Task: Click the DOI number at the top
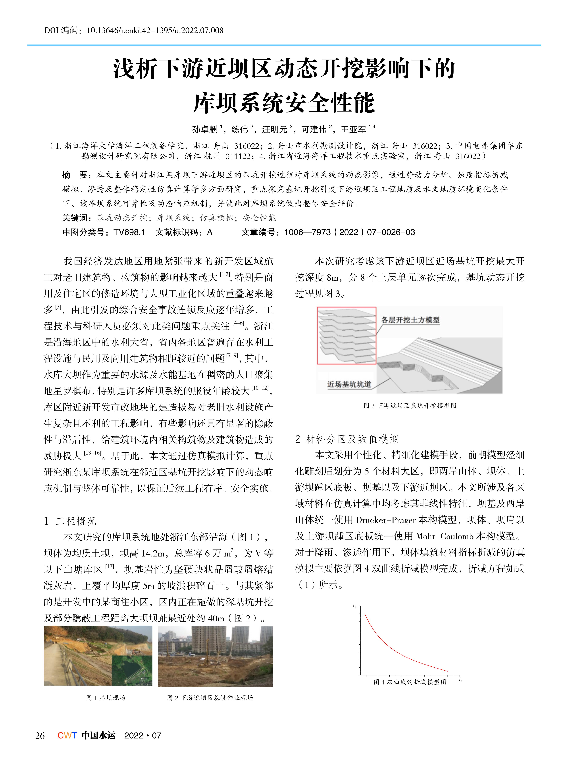click(155, 31)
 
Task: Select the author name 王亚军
click(353, 129)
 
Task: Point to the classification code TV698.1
click(129, 232)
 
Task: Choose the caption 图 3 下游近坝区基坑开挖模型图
click(410, 406)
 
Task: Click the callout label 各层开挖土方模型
click(410, 320)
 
